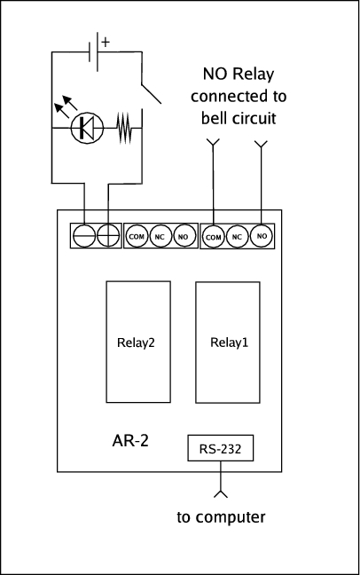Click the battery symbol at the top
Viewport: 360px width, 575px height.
coord(94,51)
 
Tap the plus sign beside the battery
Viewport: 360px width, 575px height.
coord(106,43)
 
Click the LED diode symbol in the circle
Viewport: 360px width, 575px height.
coord(87,128)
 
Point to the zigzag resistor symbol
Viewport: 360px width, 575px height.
coord(124,128)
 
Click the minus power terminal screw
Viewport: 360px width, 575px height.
coord(84,235)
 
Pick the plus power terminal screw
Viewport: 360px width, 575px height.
coord(108,235)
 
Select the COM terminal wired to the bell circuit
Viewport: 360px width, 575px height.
coord(214,237)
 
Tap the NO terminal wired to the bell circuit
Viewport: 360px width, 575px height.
coord(262,236)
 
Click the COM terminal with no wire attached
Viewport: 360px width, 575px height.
coord(137,237)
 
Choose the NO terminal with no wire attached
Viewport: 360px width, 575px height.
coord(183,237)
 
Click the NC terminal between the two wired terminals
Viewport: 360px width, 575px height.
coord(237,237)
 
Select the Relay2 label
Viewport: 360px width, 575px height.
coord(136,343)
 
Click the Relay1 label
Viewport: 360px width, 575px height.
coord(229,343)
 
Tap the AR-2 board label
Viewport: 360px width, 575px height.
coord(130,440)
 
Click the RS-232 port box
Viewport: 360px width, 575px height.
coord(220,448)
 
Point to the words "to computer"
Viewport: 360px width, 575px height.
coord(221,517)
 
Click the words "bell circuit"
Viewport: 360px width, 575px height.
coord(239,118)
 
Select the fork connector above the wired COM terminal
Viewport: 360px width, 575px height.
coord(213,143)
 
